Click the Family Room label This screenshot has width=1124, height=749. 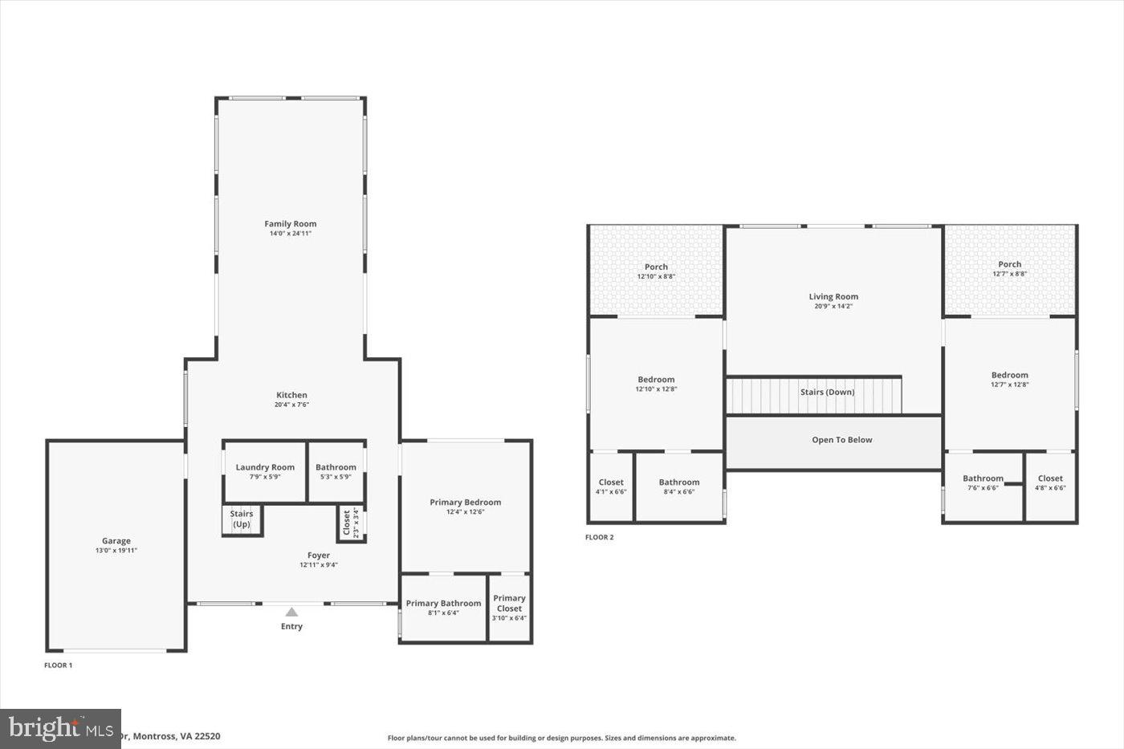(x=291, y=224)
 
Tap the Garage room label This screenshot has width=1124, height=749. (x=116, y=541)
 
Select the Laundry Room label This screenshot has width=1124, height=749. (x=265, y=467)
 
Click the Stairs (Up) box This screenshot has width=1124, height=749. (x=242, y=519)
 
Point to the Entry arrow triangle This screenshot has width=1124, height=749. (x=291, y=612)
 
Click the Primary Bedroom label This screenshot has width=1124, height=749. (x=465, y=503)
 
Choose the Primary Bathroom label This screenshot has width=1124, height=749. (x=443, y=604)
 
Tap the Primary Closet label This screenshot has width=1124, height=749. (x=509, y=603)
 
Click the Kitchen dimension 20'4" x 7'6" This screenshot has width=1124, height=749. (x=291, y=405)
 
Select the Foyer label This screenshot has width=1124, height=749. (x=319, y=556)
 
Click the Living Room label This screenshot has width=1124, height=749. (x=833, y=297)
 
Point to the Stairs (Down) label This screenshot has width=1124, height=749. (x=827, y=393)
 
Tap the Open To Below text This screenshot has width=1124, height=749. (x=841, y=440)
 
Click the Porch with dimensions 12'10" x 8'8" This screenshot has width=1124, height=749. (x=656, y=271)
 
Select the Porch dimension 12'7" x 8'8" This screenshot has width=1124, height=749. (x=1009, y=274)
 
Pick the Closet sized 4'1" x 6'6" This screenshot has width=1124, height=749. (x=611, y=487)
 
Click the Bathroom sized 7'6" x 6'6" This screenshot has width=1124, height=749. (x=983, y=482)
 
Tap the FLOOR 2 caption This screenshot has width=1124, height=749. (x=599, y=537)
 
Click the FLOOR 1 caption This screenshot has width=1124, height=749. (x=58, y=666)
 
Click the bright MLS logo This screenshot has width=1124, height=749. (x=60, y=728)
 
